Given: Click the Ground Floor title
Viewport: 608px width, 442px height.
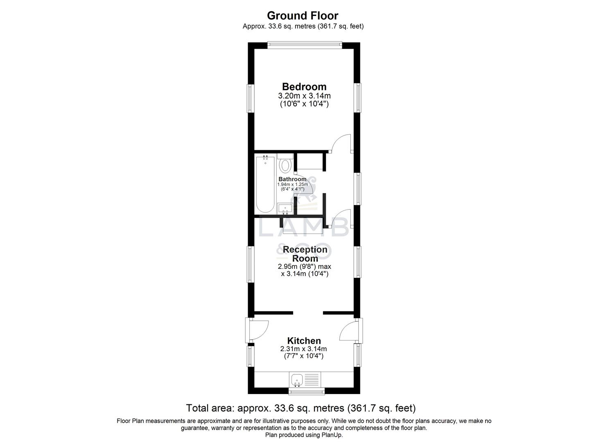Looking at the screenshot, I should [x=303, y=16].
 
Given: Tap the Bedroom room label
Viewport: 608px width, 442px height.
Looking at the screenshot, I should [x=304, y=87].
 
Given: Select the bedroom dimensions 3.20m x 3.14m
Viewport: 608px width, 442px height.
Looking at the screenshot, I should [x=304, y=96].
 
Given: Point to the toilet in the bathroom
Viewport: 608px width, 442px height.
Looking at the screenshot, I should [x=285, y=165].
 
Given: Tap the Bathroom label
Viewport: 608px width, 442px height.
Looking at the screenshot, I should [x=292, y=179].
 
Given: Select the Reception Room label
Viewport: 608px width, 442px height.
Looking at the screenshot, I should [x=305, y=254].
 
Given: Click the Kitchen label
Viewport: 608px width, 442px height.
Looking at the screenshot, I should [x=304, y=341].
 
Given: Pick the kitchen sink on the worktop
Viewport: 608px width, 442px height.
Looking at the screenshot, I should [x=297, y=380].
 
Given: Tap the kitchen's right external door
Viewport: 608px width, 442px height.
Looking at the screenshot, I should [x=349, y=330].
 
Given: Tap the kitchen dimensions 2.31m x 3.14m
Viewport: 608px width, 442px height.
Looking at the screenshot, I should [x=303, y=349].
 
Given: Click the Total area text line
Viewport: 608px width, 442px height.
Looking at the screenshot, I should [x=301, y=408].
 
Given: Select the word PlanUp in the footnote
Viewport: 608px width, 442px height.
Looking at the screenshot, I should [x=332, y=435].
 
